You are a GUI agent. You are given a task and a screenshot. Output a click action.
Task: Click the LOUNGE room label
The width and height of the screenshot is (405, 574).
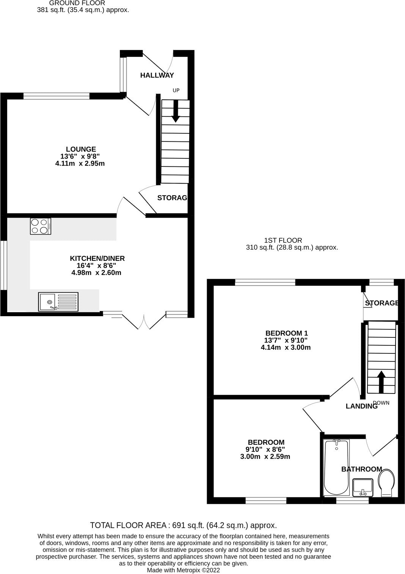81,149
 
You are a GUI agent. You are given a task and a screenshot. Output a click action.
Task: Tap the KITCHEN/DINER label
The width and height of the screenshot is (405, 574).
97,259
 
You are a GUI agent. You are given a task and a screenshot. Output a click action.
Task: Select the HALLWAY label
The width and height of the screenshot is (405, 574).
157,75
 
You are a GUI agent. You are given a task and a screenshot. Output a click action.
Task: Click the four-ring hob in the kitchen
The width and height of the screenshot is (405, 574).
41,226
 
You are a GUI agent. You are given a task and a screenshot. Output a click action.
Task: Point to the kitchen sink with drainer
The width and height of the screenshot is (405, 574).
58,302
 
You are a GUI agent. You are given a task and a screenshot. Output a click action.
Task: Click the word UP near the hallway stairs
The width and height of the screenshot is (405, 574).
176,90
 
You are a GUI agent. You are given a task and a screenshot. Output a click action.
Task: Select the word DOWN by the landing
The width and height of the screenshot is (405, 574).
381,403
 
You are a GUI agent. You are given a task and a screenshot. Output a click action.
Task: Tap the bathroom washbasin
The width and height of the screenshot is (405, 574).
363,488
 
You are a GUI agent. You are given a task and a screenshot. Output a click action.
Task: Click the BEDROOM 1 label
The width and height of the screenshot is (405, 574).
286,333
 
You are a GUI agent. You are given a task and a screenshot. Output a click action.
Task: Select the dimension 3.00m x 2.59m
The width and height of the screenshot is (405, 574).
265,456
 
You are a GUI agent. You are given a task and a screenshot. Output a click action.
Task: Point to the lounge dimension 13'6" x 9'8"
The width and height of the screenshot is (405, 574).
80,156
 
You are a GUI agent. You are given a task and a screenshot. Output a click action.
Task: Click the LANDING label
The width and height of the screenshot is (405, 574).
361,406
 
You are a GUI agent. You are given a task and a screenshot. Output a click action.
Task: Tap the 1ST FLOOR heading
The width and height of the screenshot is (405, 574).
283,240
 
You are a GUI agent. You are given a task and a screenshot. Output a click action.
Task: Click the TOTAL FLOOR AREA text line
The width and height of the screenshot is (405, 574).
183,525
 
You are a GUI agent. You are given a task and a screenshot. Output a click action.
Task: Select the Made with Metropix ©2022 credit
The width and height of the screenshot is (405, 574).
183,570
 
